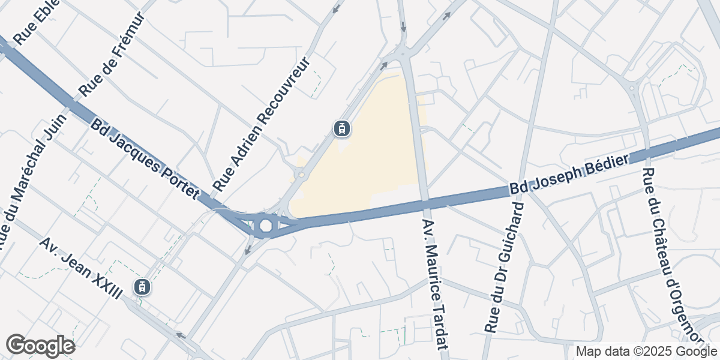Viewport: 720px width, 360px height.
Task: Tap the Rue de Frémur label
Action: click(115, 55)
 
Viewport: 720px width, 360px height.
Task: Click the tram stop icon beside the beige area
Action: click(341, 128)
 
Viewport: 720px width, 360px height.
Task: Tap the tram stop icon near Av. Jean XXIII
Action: click(142, 287)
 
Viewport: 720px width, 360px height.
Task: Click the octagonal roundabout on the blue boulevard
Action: click(265, 226)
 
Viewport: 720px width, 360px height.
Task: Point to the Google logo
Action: click(40, 346)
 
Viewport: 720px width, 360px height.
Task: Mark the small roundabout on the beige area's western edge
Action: click(301, 175)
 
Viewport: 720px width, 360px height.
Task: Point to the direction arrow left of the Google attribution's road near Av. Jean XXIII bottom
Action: click(178, 335)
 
